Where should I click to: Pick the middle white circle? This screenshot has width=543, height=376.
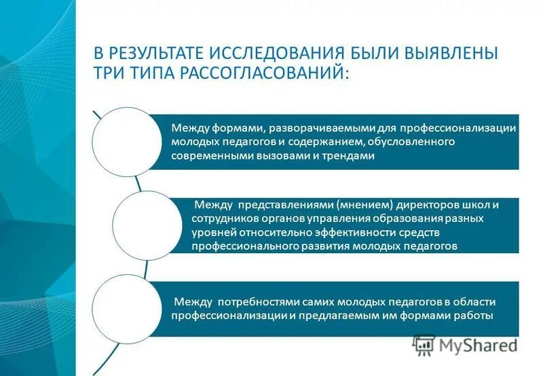click(x=147, y=225)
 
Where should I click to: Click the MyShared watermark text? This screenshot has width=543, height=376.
click(x=478, y=345)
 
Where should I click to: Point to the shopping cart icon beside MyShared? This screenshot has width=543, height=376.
click(x=424, y=345)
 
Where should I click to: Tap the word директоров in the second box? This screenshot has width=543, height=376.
click(x=423, y=205)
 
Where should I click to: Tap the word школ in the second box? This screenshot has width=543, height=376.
click(x=470, y=205)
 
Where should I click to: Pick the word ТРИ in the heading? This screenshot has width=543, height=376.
click(x=109, y=73)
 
